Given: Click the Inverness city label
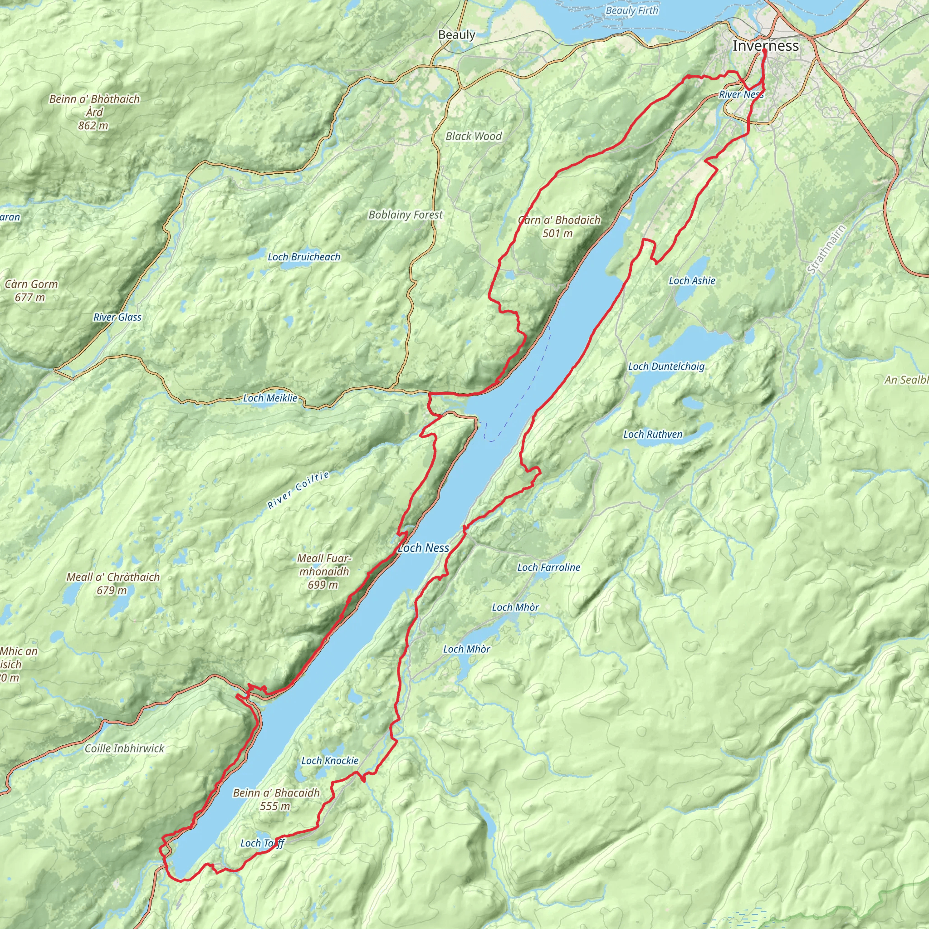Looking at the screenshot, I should (x=766, y=46).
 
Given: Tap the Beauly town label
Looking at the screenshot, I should (x=456, y=34).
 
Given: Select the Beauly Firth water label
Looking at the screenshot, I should (x=632, y=10).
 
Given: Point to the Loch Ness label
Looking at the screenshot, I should (x=423, y=548).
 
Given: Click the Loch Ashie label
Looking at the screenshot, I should (x=692, y=281).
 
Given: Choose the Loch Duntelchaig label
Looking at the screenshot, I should (x=666, y=367).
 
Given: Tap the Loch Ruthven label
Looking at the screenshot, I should (x=652, y=434).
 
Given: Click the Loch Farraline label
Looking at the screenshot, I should (x=549, y=567).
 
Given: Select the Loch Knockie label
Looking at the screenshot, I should (x=330, y=761).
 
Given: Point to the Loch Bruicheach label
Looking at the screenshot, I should (x=304, y=257).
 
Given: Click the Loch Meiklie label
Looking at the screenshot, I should (x=270, y=398).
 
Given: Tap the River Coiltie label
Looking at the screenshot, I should (x=298, y=490).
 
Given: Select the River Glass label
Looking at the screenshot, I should (x=117, y=318).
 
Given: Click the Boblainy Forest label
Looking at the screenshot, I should (x=406, y=215).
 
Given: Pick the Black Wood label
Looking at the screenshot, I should (x=474, y=137).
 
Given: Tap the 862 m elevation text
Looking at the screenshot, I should (x=93, y=126).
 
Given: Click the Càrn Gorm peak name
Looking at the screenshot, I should (x=31, y=284).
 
